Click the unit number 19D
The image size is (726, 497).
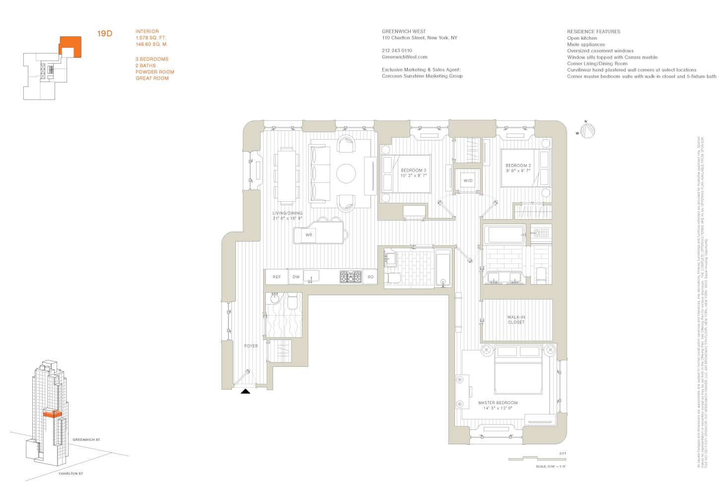(x=104, y=34)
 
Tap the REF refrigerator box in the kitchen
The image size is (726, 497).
(x=277, y=277)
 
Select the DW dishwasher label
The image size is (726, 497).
(x=296, y=277)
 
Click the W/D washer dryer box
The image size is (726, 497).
(x=468, y=180)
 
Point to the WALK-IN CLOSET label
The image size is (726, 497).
(x=516, y=320)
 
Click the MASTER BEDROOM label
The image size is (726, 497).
(x=498, y=403)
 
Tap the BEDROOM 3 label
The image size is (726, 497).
(x=413, y=170)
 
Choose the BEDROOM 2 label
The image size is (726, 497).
(x=518, y=166)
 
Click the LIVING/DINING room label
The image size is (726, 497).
(x=288, y=213)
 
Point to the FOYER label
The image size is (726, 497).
(x=251, y=346)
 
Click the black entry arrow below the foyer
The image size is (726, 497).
(x=245, y=392)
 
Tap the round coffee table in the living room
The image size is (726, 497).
(x=346, y=173)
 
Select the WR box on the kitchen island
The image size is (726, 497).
(x=309, y=235)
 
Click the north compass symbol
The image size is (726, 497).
(x=587, y=130)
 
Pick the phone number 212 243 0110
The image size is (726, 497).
(x=397, y=51)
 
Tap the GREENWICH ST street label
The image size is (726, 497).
(x=86, y=440)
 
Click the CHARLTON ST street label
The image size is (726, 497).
(x=71, y=474)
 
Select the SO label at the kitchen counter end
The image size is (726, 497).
(x=370, y=277)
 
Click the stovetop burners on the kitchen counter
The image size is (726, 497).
(x=351, y=277)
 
